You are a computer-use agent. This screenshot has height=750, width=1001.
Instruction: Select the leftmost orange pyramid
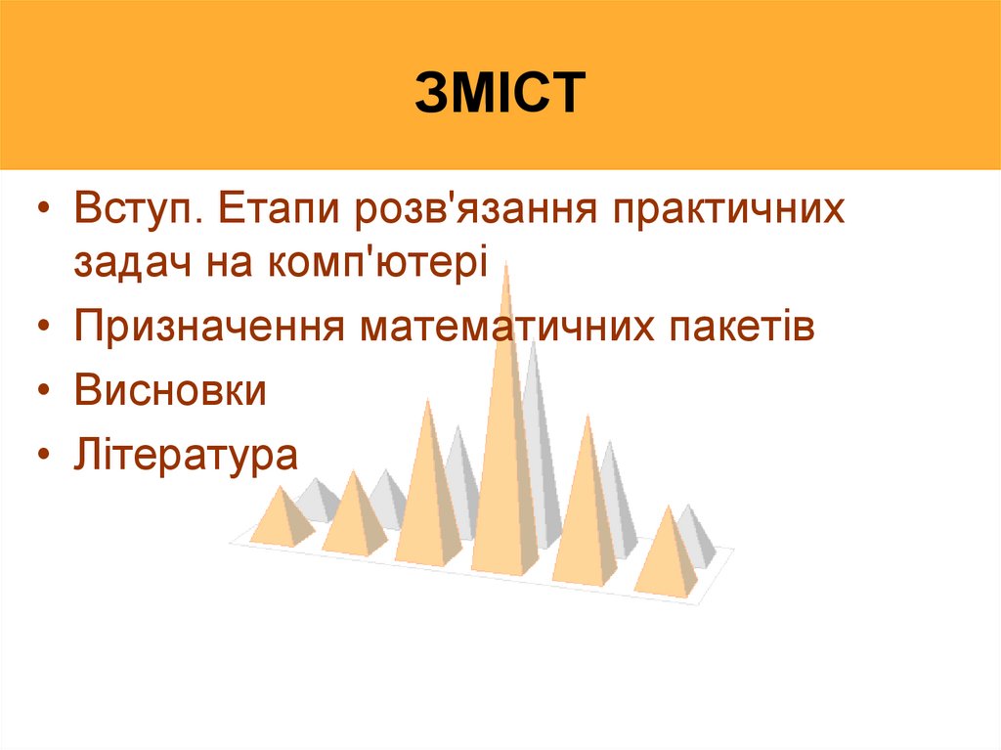coord(281,518)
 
